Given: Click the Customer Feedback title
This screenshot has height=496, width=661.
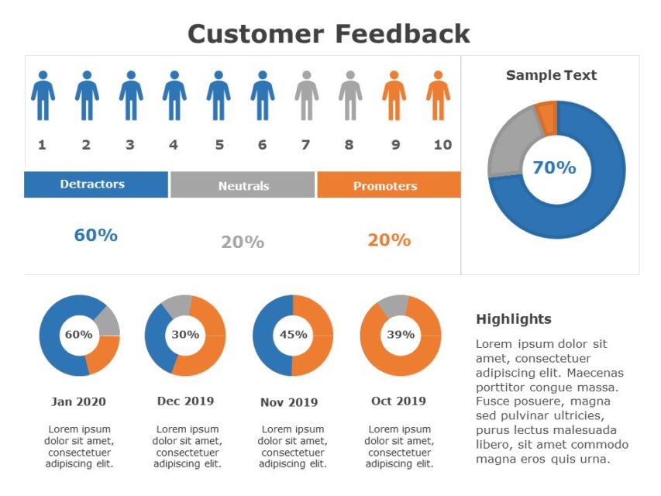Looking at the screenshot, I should point(329,34).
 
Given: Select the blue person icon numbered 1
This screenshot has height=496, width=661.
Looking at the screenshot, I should point(43,96).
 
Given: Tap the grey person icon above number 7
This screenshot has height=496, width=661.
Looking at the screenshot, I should point(306,96).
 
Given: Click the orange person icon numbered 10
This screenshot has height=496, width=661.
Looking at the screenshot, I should point(438,96).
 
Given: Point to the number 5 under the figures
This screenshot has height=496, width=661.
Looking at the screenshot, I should point(219,145).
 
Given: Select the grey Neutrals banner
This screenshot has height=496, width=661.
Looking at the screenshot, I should point(243,186).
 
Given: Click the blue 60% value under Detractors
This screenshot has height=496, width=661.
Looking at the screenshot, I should point(95,236).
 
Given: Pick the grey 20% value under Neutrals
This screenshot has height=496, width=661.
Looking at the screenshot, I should point(243,242).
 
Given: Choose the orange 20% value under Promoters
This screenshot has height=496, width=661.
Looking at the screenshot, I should point(389,240).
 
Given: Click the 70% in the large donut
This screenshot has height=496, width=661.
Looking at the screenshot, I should point(554,167).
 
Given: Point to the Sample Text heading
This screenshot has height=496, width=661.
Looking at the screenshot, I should point(551,75).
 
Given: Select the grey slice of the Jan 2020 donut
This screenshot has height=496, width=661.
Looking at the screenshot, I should point(108,321).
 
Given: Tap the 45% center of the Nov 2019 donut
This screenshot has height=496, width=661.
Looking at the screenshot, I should point(293,335).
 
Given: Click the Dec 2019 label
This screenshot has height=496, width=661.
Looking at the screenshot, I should point(185,401).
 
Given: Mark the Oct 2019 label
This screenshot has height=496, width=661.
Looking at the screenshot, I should point(398,401).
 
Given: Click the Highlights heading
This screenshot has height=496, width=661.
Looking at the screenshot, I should point(513,319).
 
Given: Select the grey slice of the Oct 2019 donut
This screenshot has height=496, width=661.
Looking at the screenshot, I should point(394,305).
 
